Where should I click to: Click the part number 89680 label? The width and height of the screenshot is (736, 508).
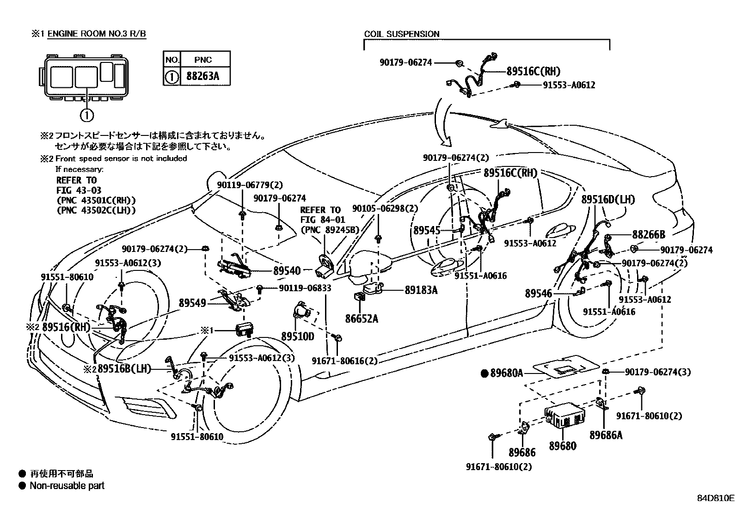(x=563, y=446)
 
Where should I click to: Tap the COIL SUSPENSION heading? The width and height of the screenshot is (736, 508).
(x=401, y=34)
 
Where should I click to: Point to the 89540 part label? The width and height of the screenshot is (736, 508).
(x=287, y=270)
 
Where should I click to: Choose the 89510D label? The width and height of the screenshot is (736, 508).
(x=298, y=336)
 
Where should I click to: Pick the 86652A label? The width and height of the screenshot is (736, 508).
(x=361, y=318)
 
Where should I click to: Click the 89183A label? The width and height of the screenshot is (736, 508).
(x=421, y=290)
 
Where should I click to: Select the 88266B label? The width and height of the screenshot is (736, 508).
(x=648, y=235)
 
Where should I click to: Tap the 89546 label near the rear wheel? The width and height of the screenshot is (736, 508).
(x=538, y=293)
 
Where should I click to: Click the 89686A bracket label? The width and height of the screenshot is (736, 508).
(x=606, y=435)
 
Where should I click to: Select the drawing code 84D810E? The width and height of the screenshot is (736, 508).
(x=715, y=498)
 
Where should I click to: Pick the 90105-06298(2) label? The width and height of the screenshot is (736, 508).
(x=385, y=208)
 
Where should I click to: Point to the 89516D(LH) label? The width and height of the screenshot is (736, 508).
(x=608, y=200)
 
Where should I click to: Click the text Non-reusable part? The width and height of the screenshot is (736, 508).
(x=67, y=486)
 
